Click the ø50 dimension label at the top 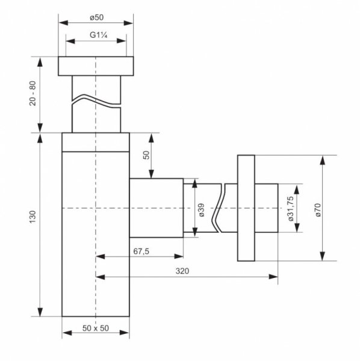pyautogui.click(x=97, y=17)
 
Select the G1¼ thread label pyautogui.click(x=99, y=35)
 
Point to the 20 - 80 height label pyautogui.click(x=33, y=93)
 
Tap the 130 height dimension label pyautogui.click(x=33, y=217)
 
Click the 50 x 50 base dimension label pyautogui.click(x=96, y=328)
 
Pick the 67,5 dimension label pyautogui.click(x=141, y=251)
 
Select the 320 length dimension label pyautogui.click(x=182, y=271)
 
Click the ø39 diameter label pyautogui.click(x=201, y=210)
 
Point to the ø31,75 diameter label pyautogui.click(x=291, y=209)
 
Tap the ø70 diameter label pyautogui.click(x=318, y=210)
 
